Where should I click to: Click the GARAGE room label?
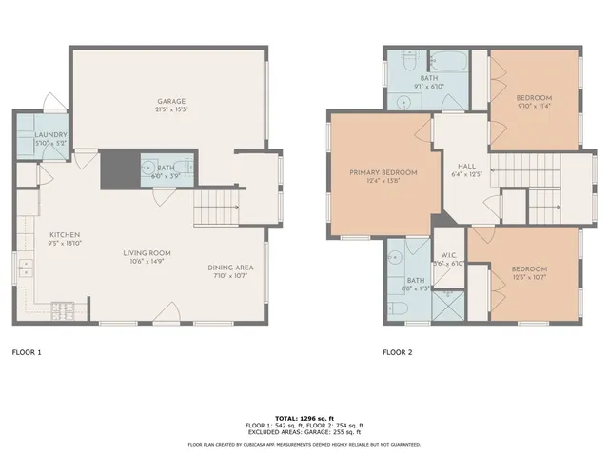171,101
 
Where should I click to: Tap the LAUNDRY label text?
50,135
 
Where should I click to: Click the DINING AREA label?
229,268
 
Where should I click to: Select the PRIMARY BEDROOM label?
377,172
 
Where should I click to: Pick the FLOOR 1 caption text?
27,352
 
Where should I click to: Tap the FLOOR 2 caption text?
397,352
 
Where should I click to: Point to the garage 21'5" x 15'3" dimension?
171,110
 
